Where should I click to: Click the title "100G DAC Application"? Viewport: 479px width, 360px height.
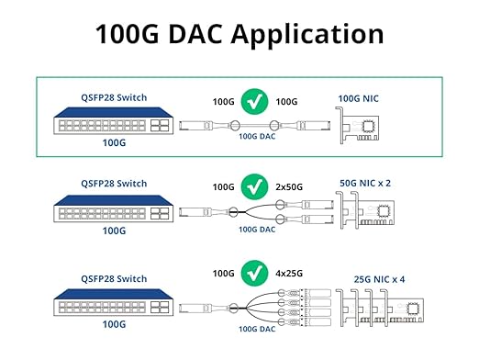(x=239, y=34)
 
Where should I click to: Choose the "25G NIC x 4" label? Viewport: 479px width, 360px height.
(x=371, y=278)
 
